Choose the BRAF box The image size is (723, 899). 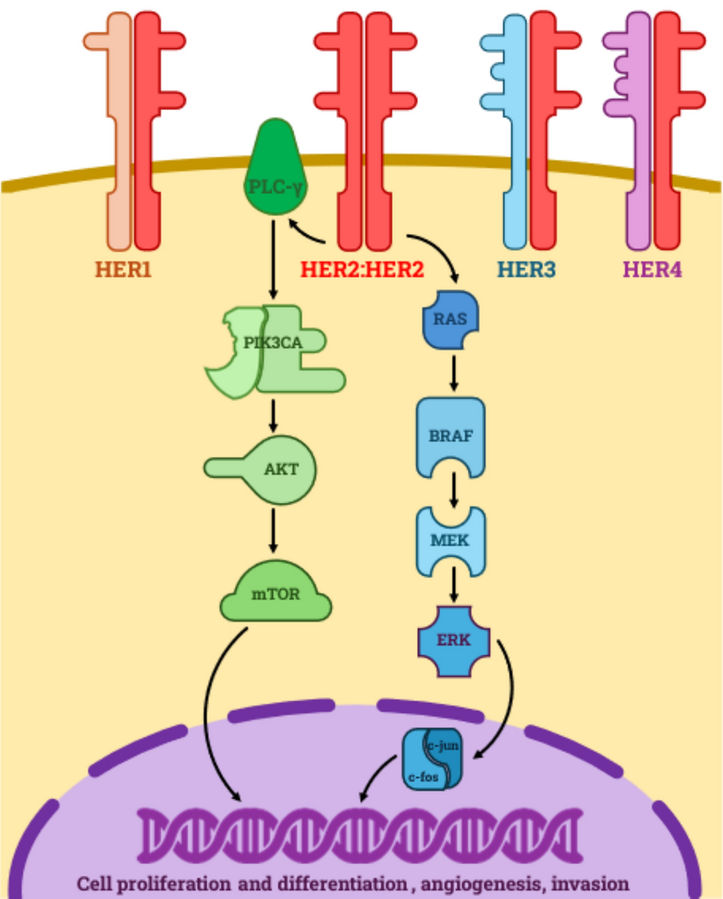click(x=450, y=436)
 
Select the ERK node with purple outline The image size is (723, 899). click(x=453, y=641)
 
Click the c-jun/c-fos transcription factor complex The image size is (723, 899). click(x=432, y=759)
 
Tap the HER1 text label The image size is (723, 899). click(x=123, y=269)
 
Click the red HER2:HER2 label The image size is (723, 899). click(x=362, y=269)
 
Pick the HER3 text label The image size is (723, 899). click(x=527, y=269)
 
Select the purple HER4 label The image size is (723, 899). click(x=653, y=269)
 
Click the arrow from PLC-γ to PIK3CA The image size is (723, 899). click(x=274, y=257)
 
